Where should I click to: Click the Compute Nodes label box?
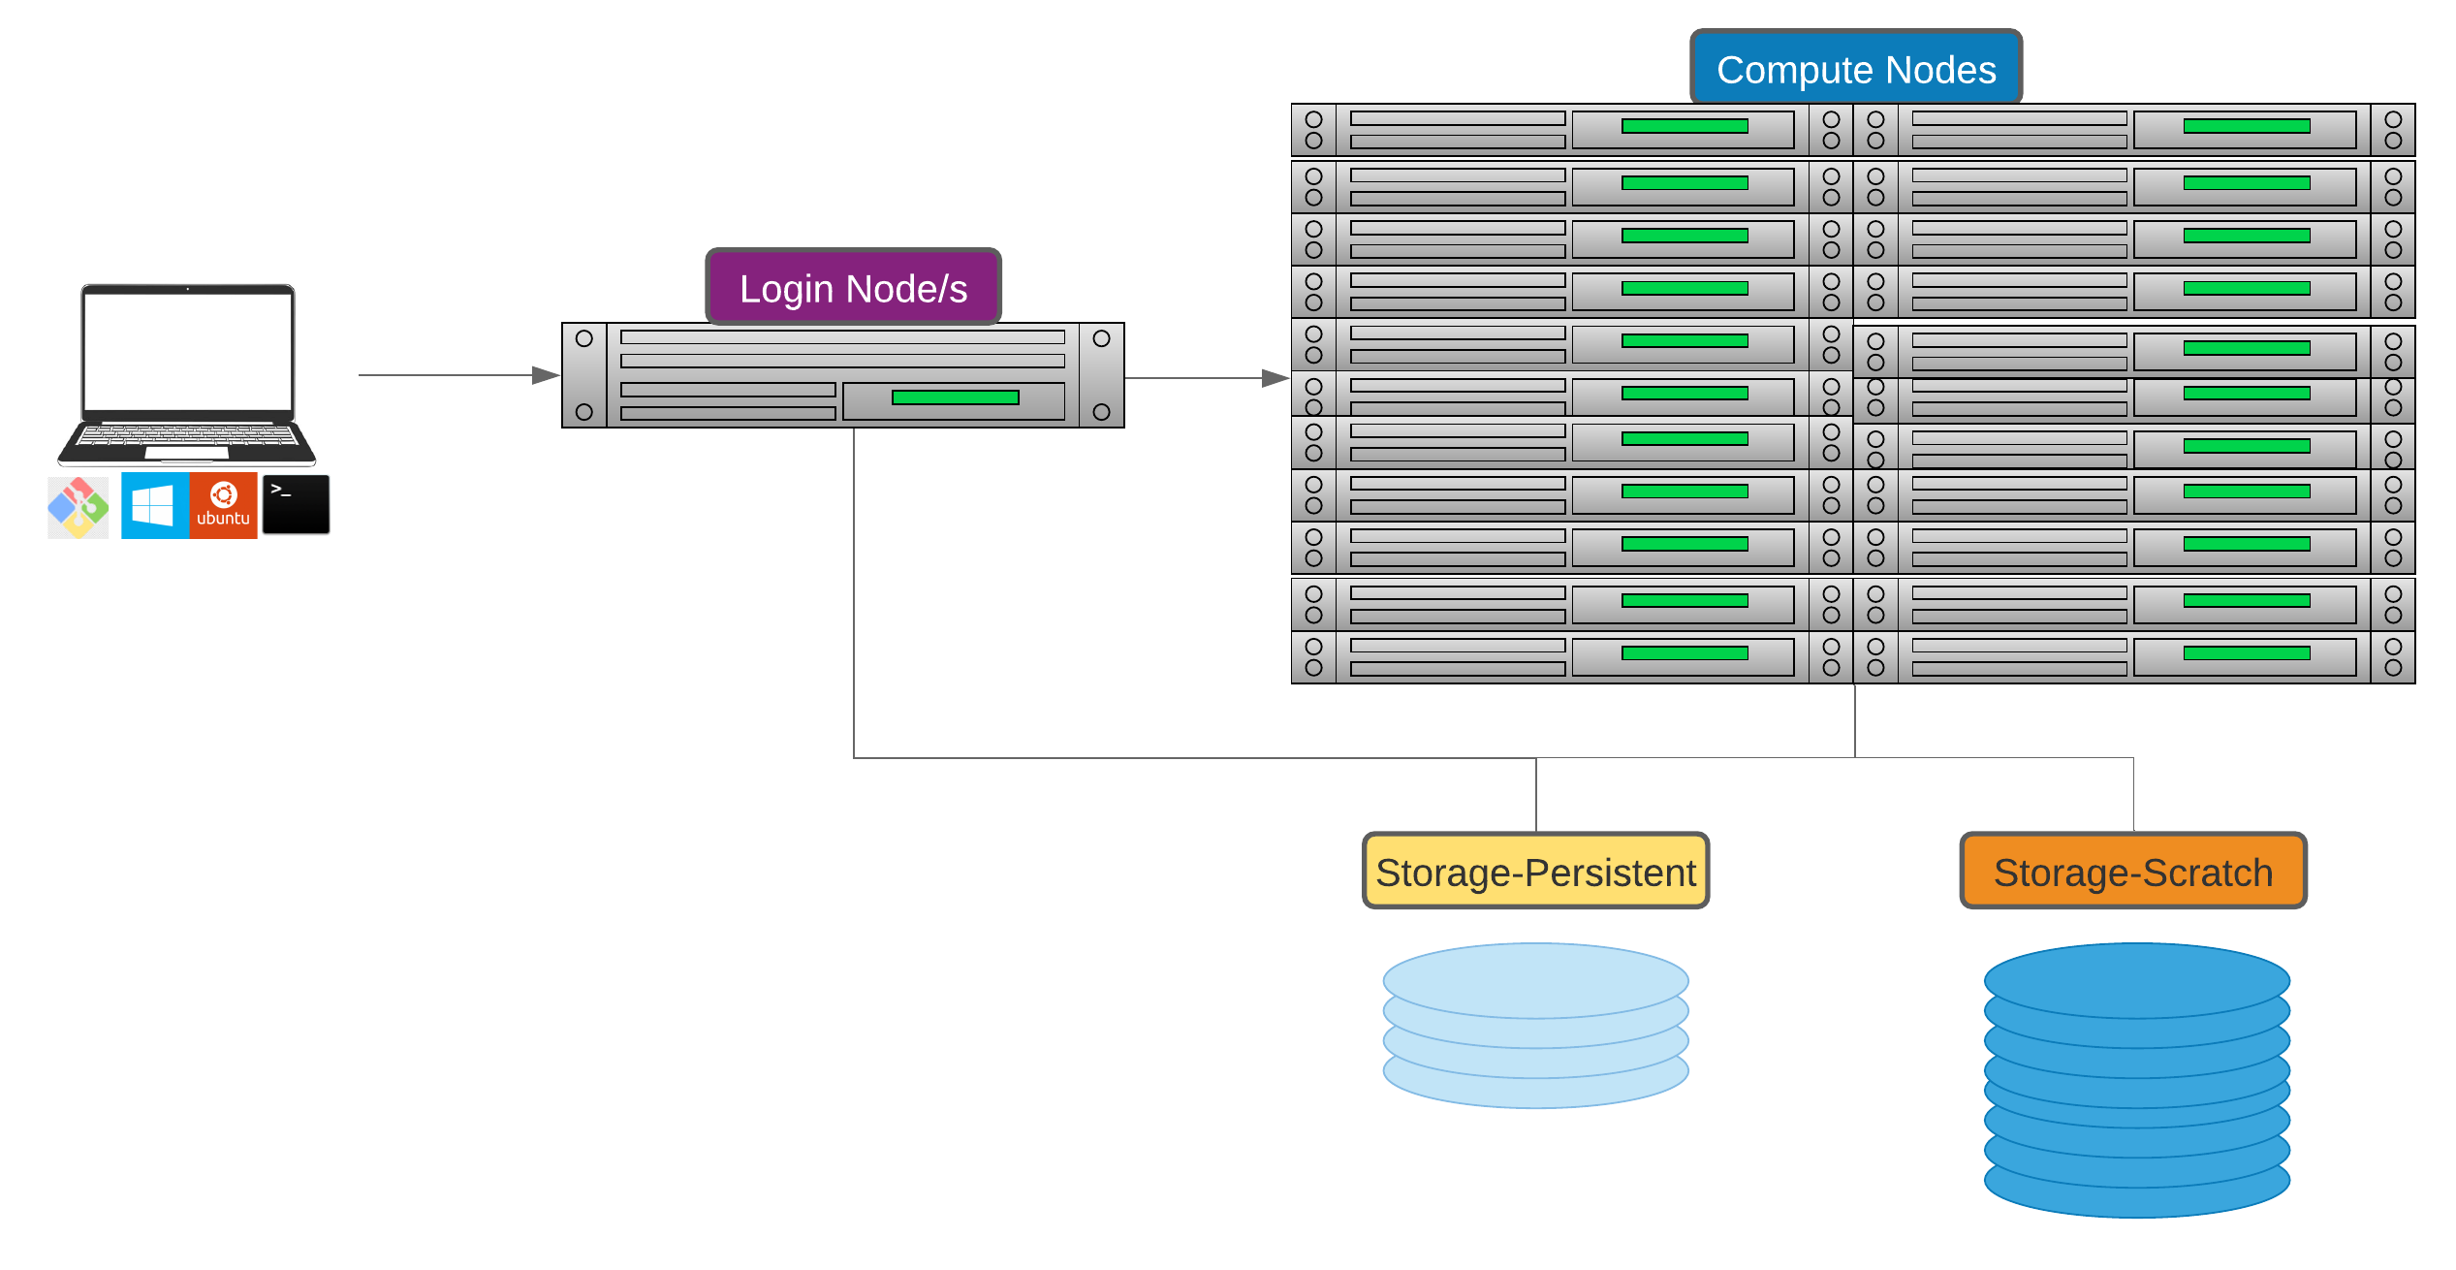pos(1855,68)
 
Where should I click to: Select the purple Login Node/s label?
pos(853,287)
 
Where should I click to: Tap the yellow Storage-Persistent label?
pos(1535,872)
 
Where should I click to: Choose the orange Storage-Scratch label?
pos(2132,872)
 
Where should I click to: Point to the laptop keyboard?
pos(187,435)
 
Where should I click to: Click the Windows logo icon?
pos(154,505)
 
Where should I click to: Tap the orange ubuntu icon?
pos(224,505)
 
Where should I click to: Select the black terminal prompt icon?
pos(296,504)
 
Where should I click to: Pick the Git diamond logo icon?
pos(79,507)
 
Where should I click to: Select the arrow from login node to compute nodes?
pos(1207,378)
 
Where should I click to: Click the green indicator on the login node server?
pos(955,397)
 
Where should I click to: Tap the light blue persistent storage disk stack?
pos(1535,1026)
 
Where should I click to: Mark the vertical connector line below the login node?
pos(854,591)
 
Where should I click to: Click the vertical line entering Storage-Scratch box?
pos(2133,795)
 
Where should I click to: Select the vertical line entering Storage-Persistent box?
pos(1536,795)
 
